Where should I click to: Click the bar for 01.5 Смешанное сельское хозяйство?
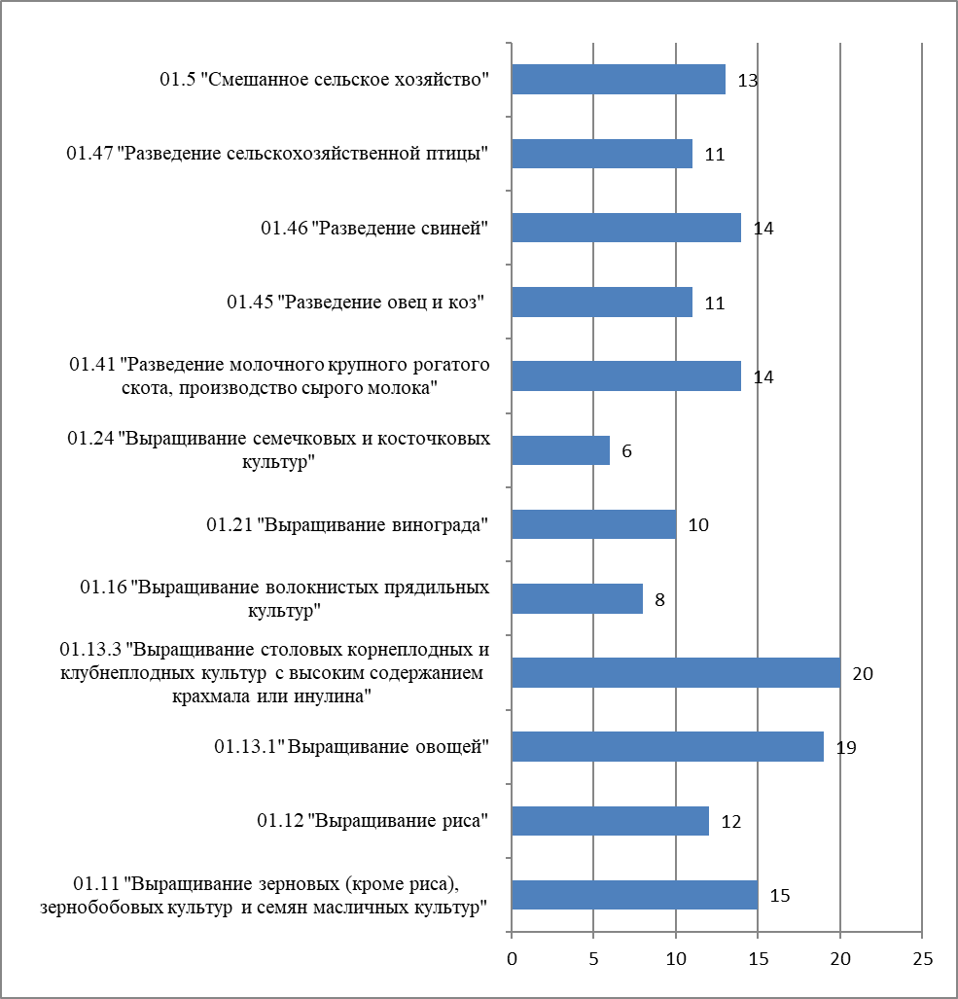(619, 80)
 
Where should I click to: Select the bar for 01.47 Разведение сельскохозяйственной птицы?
(602, 154)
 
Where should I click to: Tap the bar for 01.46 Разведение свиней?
(626, 228)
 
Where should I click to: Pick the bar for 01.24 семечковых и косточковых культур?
(560, 450)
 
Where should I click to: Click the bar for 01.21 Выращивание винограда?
(593, 524)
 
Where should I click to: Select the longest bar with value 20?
(676, 673)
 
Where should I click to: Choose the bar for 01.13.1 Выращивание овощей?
(667, 747)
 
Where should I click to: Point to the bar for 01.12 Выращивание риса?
(610, 821)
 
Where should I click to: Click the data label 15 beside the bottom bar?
(780, 895)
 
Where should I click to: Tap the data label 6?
(627, 451)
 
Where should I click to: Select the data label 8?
(659, 599)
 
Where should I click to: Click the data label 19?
(846, 748)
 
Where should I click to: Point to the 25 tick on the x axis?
(922, 958)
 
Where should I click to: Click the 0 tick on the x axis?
(512, 958)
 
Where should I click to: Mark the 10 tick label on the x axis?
(676, 958)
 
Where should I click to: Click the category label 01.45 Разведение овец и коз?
(356, 303)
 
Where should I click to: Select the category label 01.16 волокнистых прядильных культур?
(284, 599)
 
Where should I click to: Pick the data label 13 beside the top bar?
(747, 81)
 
